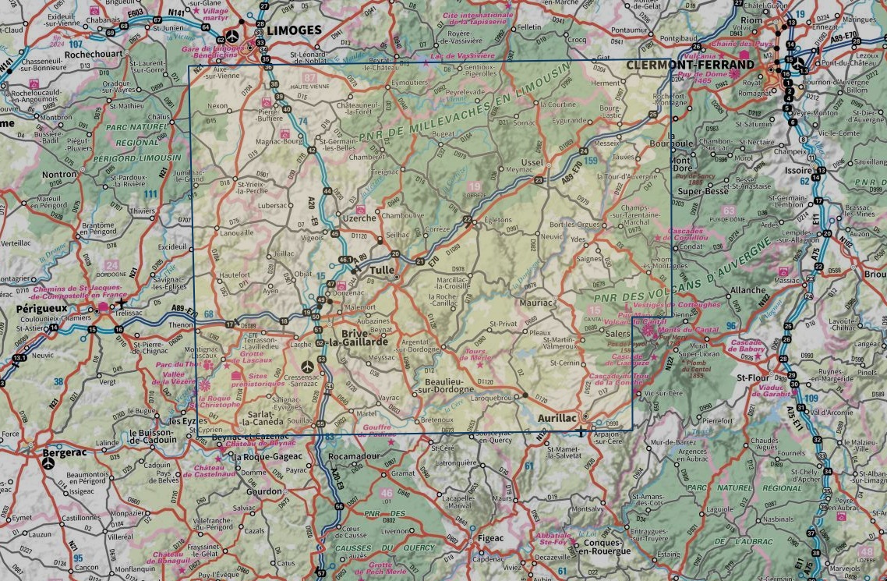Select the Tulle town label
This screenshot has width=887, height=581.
click(382, 271)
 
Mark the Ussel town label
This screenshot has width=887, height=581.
click(532, 161)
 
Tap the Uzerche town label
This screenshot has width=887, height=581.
click(361, 219)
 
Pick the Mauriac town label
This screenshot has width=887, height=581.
click(535, 302)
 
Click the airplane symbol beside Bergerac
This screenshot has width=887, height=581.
click(49, 463)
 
